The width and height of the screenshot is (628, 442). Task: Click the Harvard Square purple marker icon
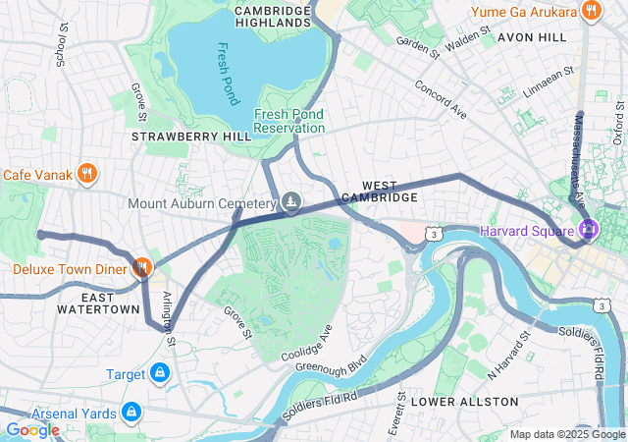(588, 231)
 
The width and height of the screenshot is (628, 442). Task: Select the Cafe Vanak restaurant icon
(87, 174)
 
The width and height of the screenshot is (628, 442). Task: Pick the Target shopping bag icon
(160, 374)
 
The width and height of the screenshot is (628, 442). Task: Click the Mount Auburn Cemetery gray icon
(291, 203)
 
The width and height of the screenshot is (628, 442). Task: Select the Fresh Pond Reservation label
(288, 121)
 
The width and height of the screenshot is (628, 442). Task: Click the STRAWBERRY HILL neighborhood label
(178, 136)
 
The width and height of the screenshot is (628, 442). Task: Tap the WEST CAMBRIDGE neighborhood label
(390, 192)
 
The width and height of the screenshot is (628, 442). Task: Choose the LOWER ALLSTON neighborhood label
(464, 402)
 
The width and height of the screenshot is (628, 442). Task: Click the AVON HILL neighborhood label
(532, 36)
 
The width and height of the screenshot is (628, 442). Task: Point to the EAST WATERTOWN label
(97, 303)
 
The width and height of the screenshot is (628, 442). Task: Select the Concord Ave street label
(441, 96)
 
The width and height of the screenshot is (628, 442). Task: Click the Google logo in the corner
(32, 429)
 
